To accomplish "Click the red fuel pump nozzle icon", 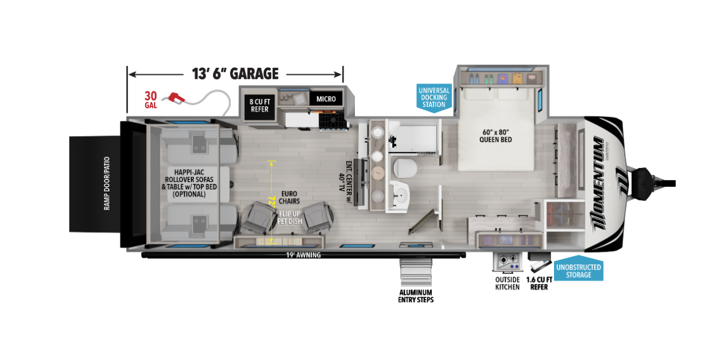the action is (176, 97).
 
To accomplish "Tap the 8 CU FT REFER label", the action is (259, 105).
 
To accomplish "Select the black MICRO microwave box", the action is (329, 99).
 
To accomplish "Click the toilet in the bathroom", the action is (404, 169).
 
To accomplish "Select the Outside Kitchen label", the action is (507, 283).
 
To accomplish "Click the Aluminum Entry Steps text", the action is (415, 295).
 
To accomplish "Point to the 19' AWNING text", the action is (303, 255).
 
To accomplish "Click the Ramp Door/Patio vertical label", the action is (106, 184).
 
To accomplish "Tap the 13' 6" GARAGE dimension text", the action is (235, 73).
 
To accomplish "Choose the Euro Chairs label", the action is (290, 198).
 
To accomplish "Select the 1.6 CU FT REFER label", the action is (538, 283).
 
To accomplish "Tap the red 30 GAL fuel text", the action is (151, 100).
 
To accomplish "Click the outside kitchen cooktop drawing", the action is (506, 262).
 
